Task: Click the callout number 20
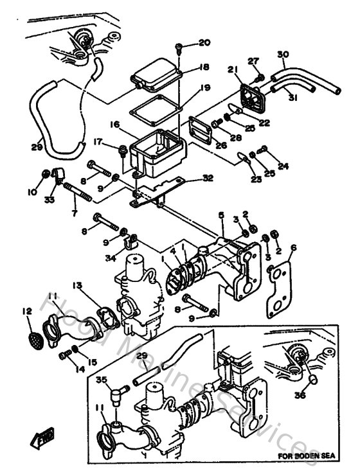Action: coord(204,43)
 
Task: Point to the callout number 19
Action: coord(204,89)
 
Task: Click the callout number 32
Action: coord(207,177)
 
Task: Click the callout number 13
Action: coord(78,285)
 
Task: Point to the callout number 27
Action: coord(253,61)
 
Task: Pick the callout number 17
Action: coord(98,142)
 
